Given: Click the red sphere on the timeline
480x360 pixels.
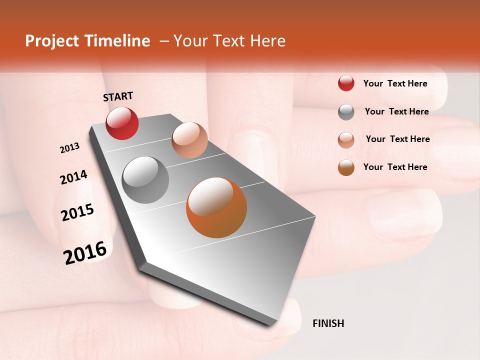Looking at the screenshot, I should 122,123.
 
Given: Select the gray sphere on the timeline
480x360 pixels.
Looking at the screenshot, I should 145,179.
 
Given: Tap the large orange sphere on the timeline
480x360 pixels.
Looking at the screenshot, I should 216,207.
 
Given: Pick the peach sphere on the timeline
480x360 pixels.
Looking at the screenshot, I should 189,139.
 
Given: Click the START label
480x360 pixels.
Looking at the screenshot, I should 118,96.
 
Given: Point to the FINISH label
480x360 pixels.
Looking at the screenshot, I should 328,323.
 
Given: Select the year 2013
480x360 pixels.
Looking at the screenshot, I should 69,148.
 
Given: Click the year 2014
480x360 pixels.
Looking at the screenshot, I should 73,177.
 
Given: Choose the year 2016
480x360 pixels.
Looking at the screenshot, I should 85,252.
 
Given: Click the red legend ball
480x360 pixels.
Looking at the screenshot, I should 346,83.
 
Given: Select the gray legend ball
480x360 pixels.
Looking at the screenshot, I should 346,112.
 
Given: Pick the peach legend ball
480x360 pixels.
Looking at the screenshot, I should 346,139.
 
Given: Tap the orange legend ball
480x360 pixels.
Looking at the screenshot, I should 346,167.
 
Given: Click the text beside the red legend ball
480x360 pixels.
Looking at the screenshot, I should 395,83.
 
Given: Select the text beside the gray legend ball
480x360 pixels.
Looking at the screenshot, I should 396,111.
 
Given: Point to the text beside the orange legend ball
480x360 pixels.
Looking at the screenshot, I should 395,167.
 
